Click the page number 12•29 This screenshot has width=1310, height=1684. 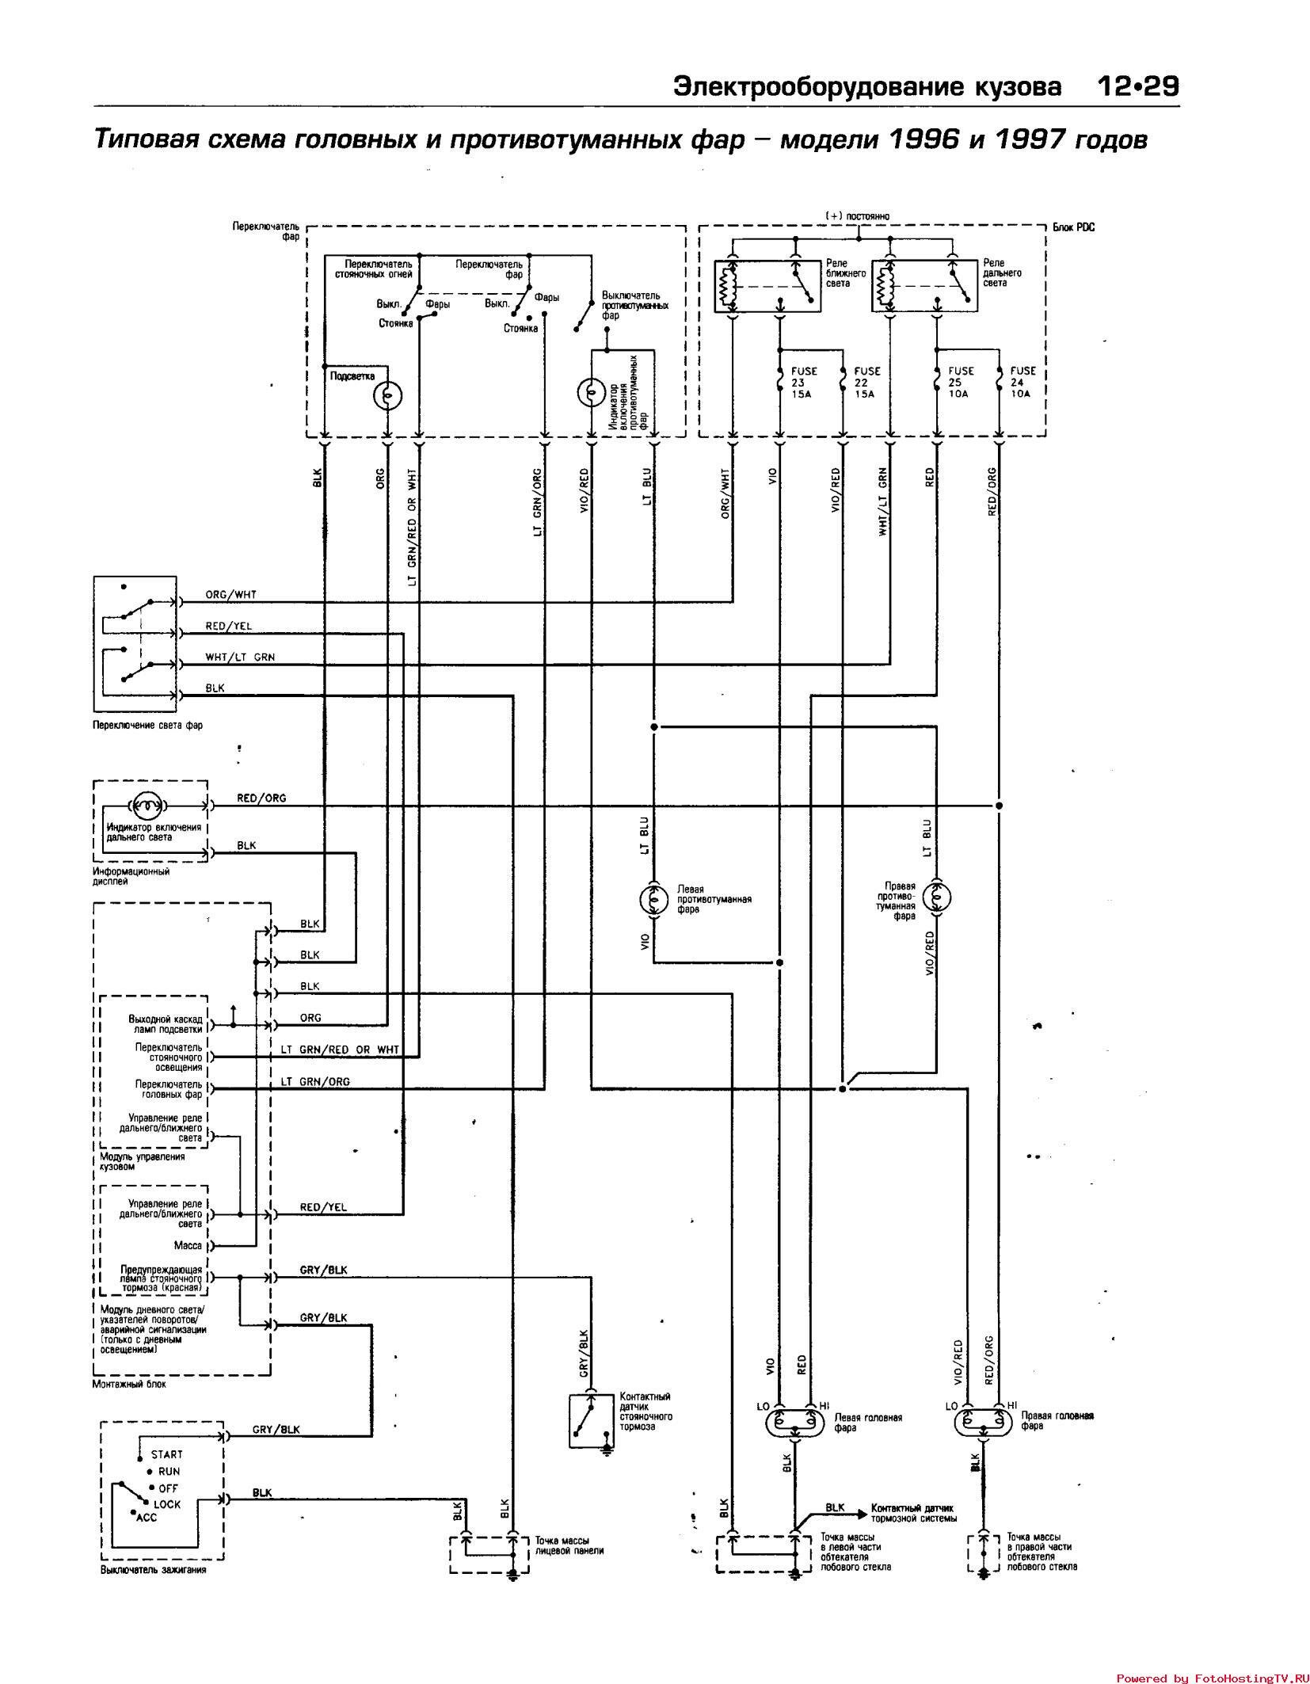pyautogui.click(x=1138, y=86)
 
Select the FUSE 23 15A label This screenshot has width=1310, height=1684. pyautogui.click(x=803, y=382)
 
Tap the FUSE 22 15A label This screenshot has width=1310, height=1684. pyautogui.click(x=866, y=382)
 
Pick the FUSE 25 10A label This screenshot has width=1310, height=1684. pyautogui.click(x=961, y=382)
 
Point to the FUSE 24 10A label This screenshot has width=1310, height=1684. pyautogui.click(x=1022, y=382)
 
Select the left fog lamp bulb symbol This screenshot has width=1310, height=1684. pyautogui.click(x=653, y=899)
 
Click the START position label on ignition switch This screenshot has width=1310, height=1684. pyautogui.click(x=166, y=1454)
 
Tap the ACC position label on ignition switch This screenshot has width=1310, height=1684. pyautogui.click(x=147, y=1518)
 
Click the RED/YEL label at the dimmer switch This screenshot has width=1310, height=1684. pyautogui.click(x=229, y=626)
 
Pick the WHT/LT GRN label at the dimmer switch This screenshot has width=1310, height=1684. pyautogui.click(x=240, y=657)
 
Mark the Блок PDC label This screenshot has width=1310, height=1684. pyautogui.click(x=1073, y=227)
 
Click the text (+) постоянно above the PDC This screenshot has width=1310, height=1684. pyautogui.click(x=858, y=215)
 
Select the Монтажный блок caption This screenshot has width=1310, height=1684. pyautogui.click(x=129, y=1384)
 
